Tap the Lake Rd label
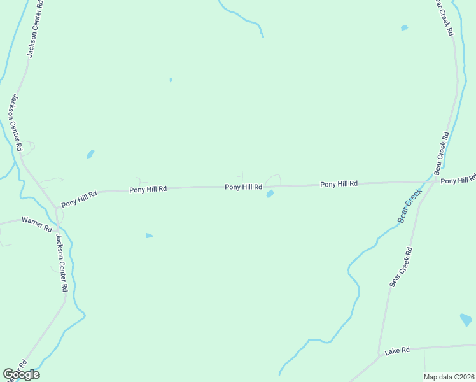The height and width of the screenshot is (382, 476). pos(396,350)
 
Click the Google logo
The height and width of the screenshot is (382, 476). pos(21,374)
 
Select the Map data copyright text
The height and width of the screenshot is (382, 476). pos(449,377)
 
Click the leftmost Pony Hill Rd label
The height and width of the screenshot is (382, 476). pos(79,199)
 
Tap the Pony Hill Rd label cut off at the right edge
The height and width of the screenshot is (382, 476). pos(458,180)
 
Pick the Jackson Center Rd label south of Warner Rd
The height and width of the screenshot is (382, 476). pos(61,263)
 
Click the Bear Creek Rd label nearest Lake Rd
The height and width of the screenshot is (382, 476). pos(401,266)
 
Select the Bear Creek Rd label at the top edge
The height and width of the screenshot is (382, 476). pos(444,17)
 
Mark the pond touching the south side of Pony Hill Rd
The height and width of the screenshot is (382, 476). pos(270,194)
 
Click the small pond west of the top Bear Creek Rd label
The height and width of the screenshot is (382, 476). pos(403,28)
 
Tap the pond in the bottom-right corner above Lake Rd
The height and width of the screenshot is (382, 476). pos(465,320)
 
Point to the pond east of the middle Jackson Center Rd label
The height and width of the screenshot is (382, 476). pos(90,154)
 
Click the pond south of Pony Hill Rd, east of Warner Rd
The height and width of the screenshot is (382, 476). pos(149,236)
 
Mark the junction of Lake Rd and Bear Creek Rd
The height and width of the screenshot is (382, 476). pos(381,354)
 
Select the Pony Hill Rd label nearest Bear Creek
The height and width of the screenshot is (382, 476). pos(339,184)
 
